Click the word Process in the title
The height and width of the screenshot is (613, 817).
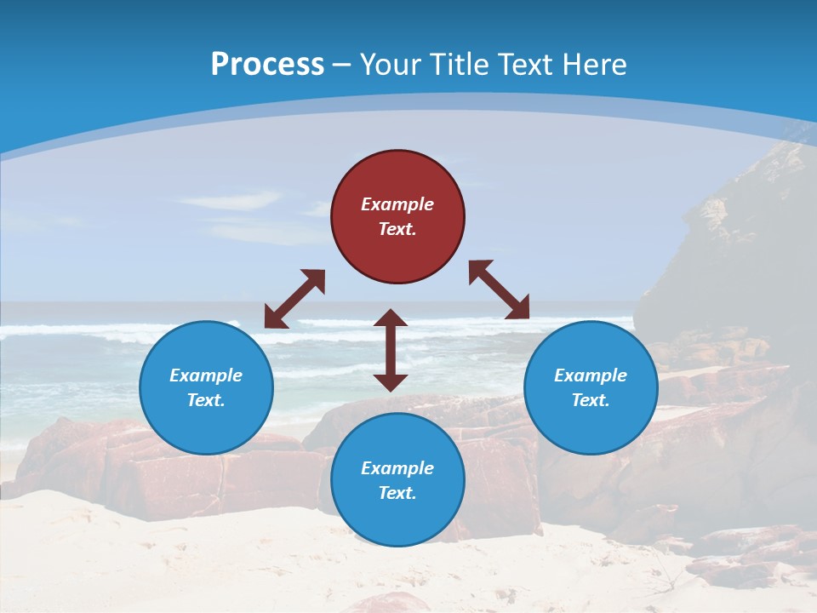pos(267,65)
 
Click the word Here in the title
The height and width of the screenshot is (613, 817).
pos(595,65)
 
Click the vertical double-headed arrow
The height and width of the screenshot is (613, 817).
pos(391,349)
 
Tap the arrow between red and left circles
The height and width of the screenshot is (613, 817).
pos(294,299)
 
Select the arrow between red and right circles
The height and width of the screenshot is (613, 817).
pos(499,289)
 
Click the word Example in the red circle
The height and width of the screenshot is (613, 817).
pos(397,204)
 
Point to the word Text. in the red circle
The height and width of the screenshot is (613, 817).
pos(397,229)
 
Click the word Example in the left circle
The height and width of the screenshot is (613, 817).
pos(206,375)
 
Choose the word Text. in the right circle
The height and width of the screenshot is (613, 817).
pos(591,400)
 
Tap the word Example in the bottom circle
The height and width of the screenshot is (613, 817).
pos(397,468)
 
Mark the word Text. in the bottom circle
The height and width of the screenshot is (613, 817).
pos(397,493)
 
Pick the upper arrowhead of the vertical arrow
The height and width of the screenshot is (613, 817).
pos(391,318)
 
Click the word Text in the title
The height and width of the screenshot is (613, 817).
pos(528,65)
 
